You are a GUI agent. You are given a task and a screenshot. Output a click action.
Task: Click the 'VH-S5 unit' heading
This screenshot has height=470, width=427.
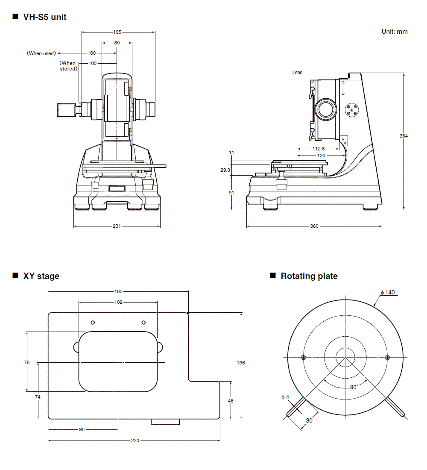click(44, 18)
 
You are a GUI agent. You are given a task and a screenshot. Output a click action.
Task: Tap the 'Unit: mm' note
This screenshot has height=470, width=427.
click(394, 32)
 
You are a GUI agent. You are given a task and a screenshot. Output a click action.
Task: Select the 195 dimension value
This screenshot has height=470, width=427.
click(117, 32)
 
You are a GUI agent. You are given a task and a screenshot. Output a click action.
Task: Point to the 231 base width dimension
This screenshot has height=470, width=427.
click(117, 226)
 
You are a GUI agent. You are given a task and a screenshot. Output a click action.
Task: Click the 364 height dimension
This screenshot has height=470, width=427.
click(404, 136)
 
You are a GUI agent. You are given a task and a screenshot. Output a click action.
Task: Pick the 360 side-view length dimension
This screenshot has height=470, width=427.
click(314, 226)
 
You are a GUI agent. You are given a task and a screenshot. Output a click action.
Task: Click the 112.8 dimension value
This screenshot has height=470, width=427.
click(316, 149)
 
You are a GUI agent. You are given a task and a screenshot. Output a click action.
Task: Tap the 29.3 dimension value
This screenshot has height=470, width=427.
click(225, 170)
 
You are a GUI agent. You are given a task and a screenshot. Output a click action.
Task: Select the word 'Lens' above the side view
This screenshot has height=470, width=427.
click(297, 73)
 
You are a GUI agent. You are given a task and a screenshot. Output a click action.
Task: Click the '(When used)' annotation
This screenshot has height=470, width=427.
click(41, 53)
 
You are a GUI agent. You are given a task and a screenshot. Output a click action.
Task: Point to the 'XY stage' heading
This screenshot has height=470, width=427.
click(41, 276)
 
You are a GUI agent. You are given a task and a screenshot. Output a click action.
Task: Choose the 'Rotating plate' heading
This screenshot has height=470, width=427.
click(309, 276)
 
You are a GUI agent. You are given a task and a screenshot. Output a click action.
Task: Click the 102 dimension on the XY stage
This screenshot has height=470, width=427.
click(118, 302)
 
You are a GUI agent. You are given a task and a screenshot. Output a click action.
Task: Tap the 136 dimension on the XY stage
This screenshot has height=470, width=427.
click(241, 363)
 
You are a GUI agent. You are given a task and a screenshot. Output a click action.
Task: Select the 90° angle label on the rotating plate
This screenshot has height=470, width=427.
click(354, 387)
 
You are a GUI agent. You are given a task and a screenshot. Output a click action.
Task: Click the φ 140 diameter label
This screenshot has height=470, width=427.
click(388, 293)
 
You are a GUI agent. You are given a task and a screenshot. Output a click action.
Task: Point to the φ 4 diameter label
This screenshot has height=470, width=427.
click(285, 397)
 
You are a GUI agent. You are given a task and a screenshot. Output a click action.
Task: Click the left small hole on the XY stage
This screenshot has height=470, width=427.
click(93, 322)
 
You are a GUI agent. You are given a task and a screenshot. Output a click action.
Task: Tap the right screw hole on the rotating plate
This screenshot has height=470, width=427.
click(387, 357)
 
